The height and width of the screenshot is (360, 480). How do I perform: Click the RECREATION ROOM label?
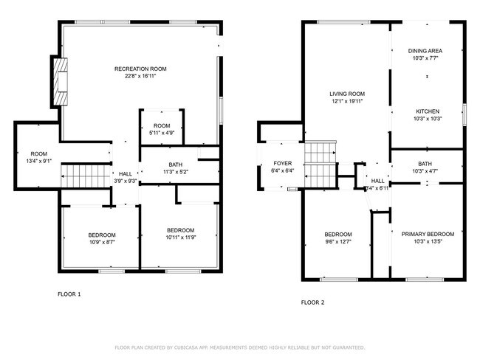(134, 69)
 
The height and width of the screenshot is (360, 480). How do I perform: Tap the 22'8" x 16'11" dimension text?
(134, 76)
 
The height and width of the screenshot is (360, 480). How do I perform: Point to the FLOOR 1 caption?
(69, 294)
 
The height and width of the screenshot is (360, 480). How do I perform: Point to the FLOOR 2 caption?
(313, 302)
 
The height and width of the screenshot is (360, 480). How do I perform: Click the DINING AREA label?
(425, 51)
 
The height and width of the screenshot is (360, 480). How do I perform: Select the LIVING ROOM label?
(347, 94)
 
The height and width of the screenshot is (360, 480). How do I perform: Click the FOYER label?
(283, 163)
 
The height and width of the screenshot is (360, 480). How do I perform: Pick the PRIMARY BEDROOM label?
(428, 234)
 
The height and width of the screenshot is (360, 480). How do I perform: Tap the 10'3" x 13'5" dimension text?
(428, 241)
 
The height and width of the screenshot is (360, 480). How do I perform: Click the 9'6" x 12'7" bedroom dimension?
(339, 241)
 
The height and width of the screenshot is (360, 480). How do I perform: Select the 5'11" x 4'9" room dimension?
(162, 133)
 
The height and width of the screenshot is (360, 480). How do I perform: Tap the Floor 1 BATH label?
(175, 165)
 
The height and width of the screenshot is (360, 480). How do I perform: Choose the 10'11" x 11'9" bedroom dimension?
(180, 238)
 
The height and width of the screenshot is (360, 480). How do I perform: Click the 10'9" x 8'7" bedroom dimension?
(102, 242)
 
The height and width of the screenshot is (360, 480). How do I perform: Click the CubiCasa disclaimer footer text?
(239, 347)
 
